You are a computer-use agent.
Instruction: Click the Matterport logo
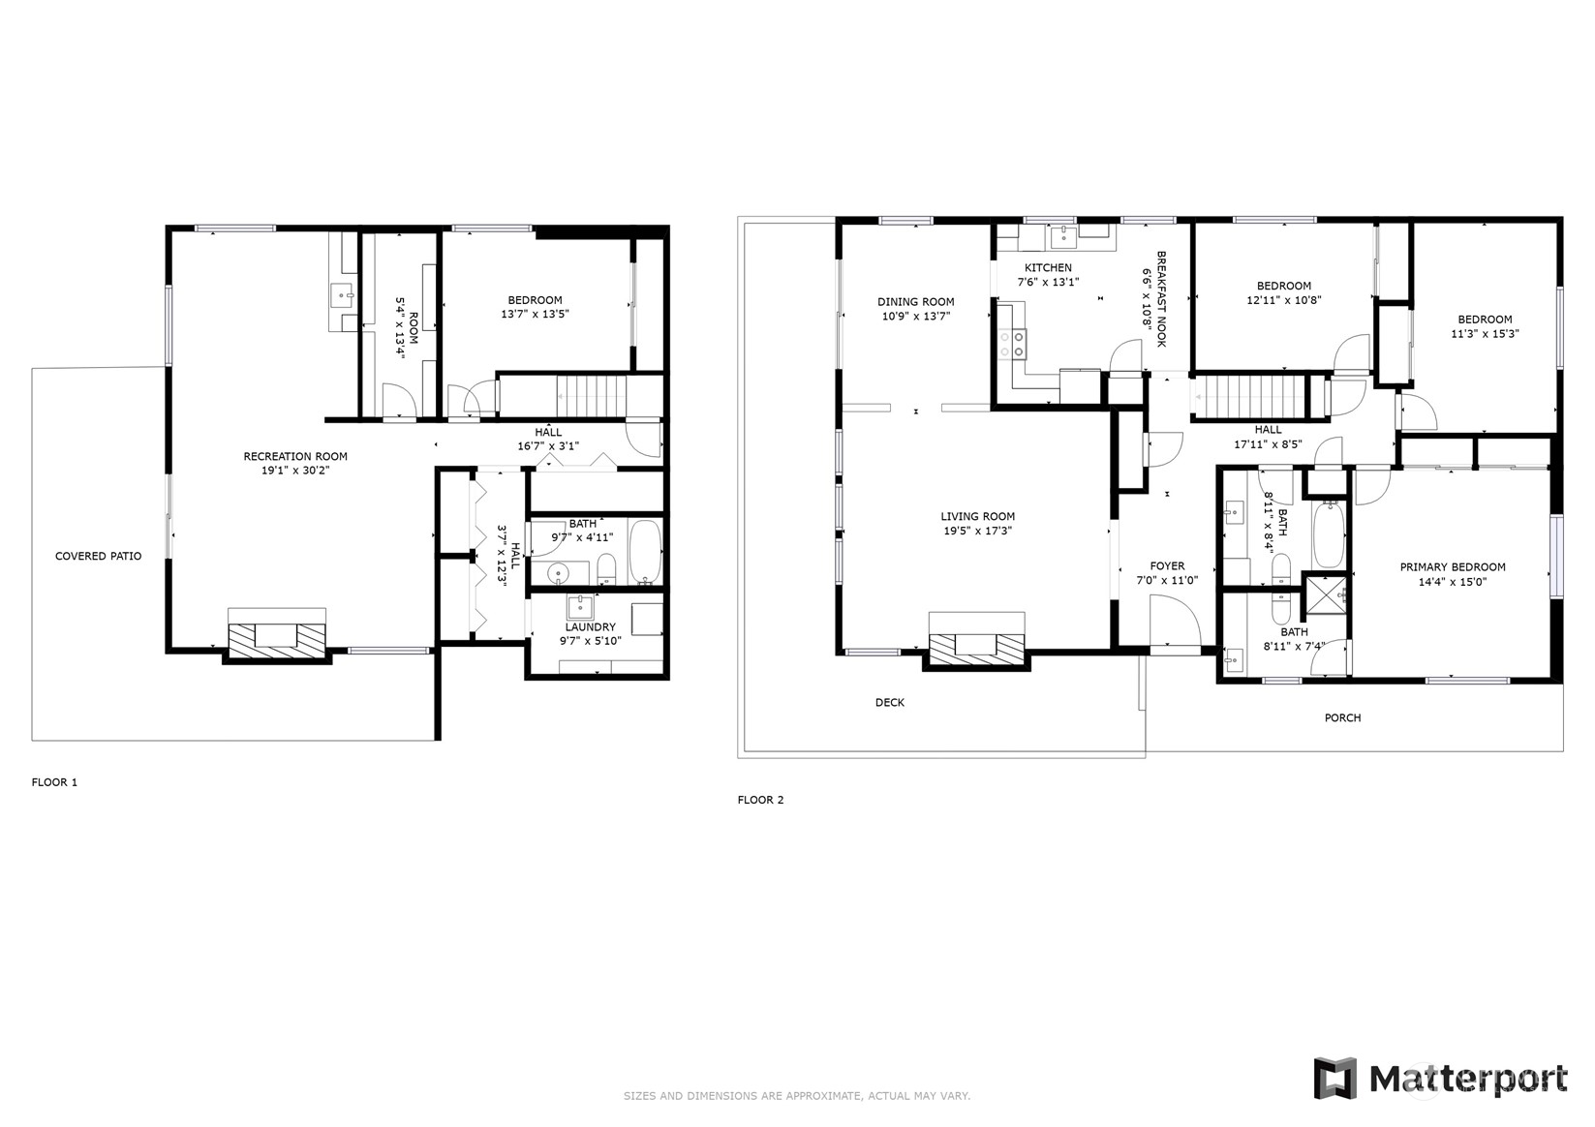click(x=1440, y=1079)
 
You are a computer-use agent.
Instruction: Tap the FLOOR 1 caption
click(x=54, y=782)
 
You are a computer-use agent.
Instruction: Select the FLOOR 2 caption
click(x=760, y=800)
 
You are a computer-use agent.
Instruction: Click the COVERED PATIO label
click(x=98, y=556)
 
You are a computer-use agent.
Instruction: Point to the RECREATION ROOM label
click(x=295, y=456)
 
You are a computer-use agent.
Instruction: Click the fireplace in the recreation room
click(x=277, y=635)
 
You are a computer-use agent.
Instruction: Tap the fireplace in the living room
click(x=977, y=642)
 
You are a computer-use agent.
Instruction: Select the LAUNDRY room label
click(x=591, y=627)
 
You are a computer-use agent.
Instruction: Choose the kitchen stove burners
click(x=1012, y=344)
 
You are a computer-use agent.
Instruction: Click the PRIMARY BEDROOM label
click(x=1453, y=567)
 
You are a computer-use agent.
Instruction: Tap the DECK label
click(x=890, y=703)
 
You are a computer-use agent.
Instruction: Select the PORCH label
click(x=1342, y=718)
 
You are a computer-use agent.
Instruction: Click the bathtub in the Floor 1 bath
click(x=646, y=552)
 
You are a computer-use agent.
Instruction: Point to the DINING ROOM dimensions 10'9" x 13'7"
click(x=916, y=316)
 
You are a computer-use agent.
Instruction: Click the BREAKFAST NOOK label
click(x=1161, y=299)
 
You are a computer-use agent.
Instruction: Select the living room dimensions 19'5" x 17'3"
click(x=978, y=531)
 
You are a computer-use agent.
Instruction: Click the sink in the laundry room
click(x=580, y=608)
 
